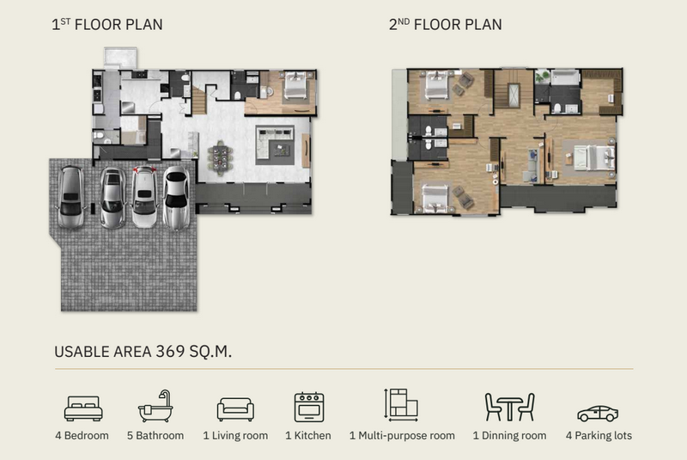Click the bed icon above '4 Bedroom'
pyautogui.click(x=83, y=408)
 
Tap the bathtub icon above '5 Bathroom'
pyautogui.click(x=155, y=407)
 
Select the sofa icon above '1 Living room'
pyautogui.click(x=235, y=409)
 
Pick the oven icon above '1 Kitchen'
pyautogui.click(x=309, y=408)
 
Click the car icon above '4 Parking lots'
pyautogui.click(x=598, y=414)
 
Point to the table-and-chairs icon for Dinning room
pyautogui.click(x=509, y=407)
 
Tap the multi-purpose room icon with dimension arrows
pyautogui.click(x=401, y=405)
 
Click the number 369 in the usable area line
pyautogui.click(x=170, y=352)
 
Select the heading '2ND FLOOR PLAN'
pyautogui.click(x=445, y=25)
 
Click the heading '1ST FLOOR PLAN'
pyautogui.click(x=106, y=25)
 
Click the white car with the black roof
pyautogui.click(x=177, y=198)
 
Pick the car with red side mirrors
pyautogui.click(x=144, y=196)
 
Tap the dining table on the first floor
pyautogui.click(x=220, y=158)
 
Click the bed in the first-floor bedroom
pyautogui.click(x=295, y=85)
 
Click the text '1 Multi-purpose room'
pyautogui.click(x=402, y=435)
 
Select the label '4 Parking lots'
pyautogui.click(x=599, y=435)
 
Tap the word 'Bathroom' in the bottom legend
pyautogui.click(x=160, y=435)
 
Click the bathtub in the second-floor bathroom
pyautogui.click(x=565, y=77)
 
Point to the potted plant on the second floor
pyautogui.click(x=543, y=77)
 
